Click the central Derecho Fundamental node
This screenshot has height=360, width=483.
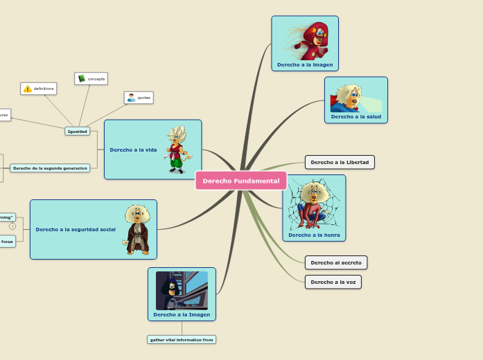click(240, 181)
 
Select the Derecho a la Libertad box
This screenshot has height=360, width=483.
click(340, 162)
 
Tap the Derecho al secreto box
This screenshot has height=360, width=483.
click(336, 262)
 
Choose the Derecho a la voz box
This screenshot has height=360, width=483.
click(333, 282)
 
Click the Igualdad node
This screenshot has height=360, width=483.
click(77, 131)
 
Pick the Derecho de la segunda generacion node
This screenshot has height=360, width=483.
click(50, 168)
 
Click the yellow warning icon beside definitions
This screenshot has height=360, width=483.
click(28, 89)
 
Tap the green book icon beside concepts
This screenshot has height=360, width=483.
click(81, 79)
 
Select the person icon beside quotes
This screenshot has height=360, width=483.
click(131, 98)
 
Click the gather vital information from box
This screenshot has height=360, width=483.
click(182, 339)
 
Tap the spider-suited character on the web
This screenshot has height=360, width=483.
click(314, 204)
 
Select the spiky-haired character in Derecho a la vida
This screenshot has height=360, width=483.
click(177, 149)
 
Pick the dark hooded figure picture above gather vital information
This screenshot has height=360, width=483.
click(182, 290)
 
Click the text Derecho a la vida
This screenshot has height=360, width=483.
click(133, 150)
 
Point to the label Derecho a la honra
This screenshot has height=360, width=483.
click(314, 235)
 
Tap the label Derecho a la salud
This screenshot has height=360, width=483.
click(356, 116)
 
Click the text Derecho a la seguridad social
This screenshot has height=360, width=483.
click(76, 229)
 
